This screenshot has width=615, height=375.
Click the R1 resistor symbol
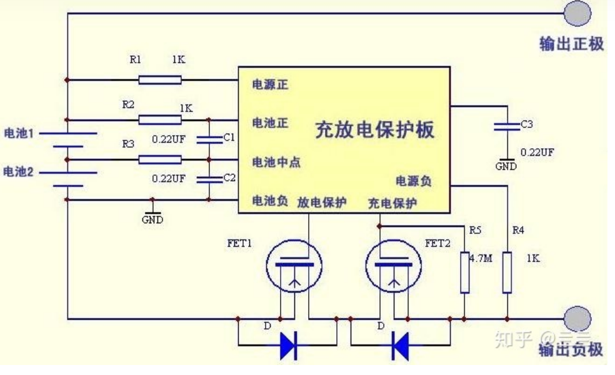(x=160, y=79)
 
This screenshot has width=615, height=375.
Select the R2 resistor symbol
(x=160, y=120)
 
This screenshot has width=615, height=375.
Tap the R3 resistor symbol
(x=160, y=159)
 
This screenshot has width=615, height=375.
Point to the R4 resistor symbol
(x=507, y=272)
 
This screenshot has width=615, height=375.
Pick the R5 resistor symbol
(x=465, y=272)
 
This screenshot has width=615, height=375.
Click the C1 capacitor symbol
(x=209, y=139)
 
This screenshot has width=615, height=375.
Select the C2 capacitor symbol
(x=209, y=179)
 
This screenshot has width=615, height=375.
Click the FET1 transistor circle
(x=294, y=266)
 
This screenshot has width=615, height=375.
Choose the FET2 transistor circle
(x=393, y=266)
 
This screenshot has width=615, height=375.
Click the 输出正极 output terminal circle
(x=577, y=13)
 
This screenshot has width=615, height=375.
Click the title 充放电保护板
(x=374, y=131)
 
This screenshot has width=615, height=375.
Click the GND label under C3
(x=506, y=167)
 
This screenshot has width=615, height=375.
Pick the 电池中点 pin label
(x=276, y=162)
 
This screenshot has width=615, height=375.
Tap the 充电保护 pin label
(x=392, y=202)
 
